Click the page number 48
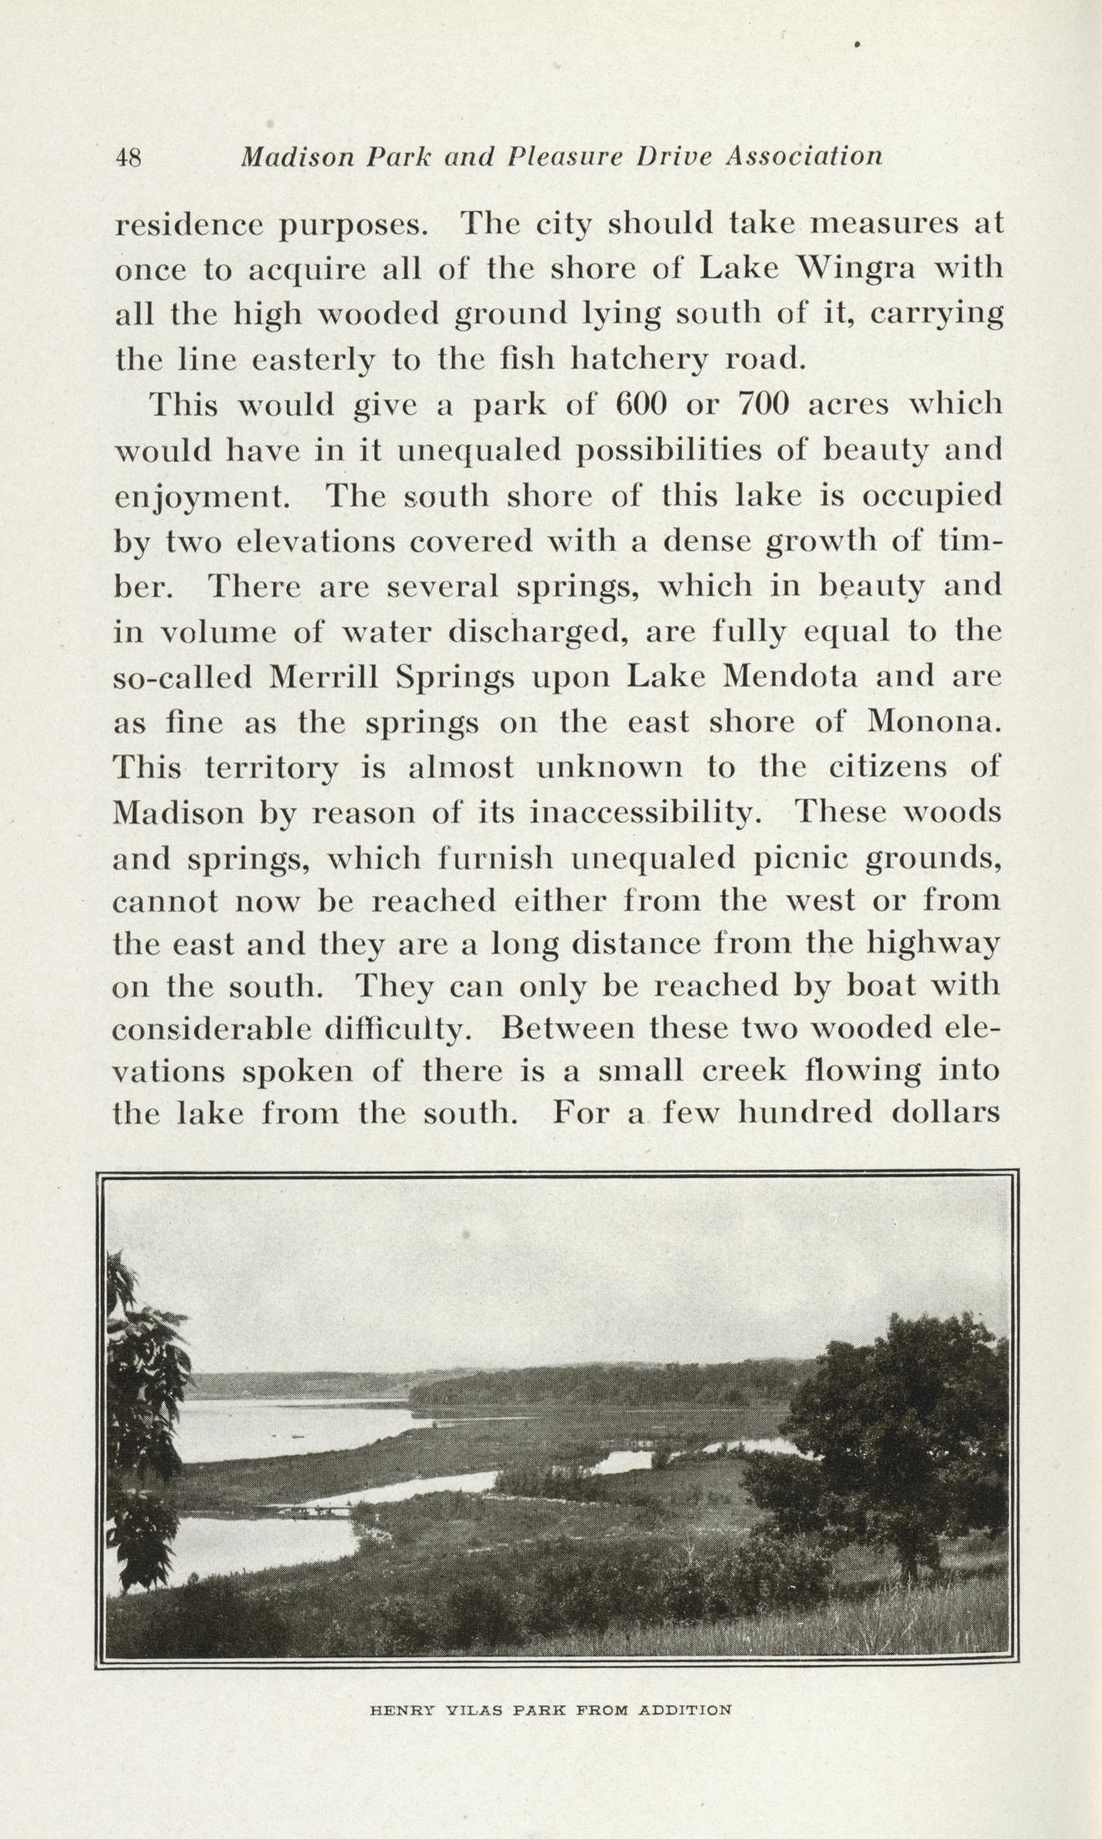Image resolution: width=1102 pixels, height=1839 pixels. (128, 158)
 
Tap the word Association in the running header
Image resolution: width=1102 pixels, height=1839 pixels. (804, 156)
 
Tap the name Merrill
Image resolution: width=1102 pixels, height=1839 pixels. (323, 677)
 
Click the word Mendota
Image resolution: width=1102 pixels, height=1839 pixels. (789, 677)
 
